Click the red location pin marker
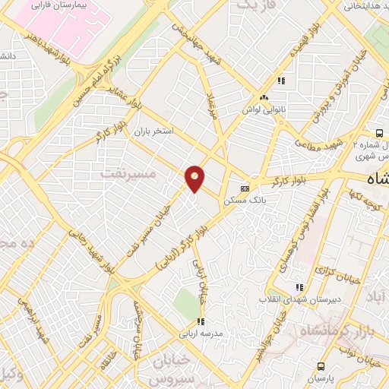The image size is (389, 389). pyautogui.click(x=195, y=179)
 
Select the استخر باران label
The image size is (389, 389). pyautogui.click(x=155, y=131)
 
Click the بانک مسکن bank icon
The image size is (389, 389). pyautogui.click(x=245, y=188)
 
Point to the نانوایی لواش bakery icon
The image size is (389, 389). pyautogui.click(x=264, y=98)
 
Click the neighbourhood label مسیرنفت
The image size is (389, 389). pyautogui.click(x=128, y=174)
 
